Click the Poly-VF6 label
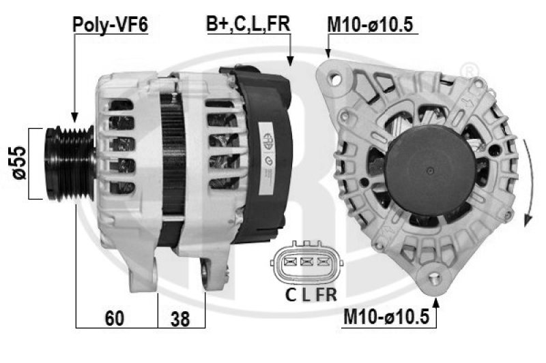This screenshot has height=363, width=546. (111, 25)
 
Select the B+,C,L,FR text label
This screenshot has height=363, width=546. (248, 25)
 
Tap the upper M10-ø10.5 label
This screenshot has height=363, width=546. (370, 25)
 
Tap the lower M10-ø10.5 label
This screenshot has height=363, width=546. (386, 317)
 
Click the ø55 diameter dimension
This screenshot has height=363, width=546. (19, 163)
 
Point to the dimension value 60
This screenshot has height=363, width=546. (114, 318)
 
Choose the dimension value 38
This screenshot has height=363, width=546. (180, 319)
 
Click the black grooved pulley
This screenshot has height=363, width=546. (70, 163)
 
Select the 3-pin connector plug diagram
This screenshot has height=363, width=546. (306, 262)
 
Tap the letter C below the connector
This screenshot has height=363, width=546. (291, 295)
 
